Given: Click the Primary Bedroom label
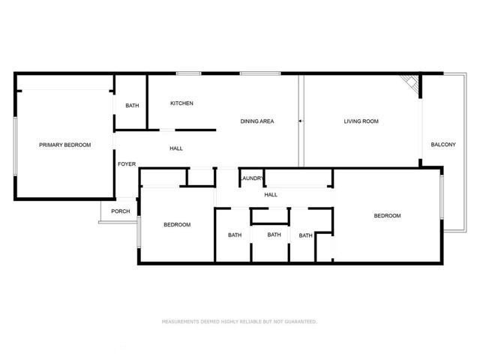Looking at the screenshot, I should click(65, 145).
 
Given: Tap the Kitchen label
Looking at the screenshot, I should click(182, 103).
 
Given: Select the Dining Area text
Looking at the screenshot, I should click(256, 121).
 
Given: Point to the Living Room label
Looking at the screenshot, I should click(361, 121).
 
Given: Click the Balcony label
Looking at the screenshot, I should click(442, 145).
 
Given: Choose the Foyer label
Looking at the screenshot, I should click(127, 164).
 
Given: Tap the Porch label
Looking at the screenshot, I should click(121, 211).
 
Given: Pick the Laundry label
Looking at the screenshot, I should click(253, 178).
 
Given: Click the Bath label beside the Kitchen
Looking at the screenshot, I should click(132, 106).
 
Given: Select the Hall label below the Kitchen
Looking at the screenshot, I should click(176, 148).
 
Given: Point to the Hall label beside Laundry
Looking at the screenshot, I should click(271, 195).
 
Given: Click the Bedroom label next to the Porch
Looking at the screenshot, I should click(177, 225).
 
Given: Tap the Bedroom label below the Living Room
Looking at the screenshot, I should click(387, 216).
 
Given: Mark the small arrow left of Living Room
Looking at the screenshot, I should click(300, 120).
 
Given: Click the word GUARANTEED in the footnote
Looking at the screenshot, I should click(298, 322).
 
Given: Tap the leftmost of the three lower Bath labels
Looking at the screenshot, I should click(235, 235).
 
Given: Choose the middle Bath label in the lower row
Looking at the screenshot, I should click(274, 235).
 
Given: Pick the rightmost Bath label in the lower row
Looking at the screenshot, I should click(305, 235).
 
